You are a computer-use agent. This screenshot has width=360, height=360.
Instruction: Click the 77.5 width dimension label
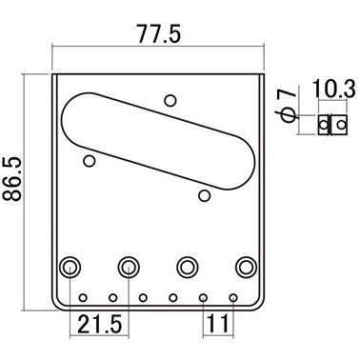tap(159, 34)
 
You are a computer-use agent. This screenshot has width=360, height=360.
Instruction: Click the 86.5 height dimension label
tap(12, 178)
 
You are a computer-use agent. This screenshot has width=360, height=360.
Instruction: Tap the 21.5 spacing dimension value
tap(99, 324)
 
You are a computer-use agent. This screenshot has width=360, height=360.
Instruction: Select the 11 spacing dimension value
tap(218, 324)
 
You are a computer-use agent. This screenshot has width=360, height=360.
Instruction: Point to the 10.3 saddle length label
tap(334, 89)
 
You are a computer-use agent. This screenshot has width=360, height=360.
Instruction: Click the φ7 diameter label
tap(288, 106)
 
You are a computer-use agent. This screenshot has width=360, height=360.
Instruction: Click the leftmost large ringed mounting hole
tap(70, 267)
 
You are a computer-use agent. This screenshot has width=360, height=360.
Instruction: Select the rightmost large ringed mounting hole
tap(246, 267)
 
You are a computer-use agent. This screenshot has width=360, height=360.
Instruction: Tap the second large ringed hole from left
tap(129, 267)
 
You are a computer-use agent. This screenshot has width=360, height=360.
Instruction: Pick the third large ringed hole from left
tap(188, 267)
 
